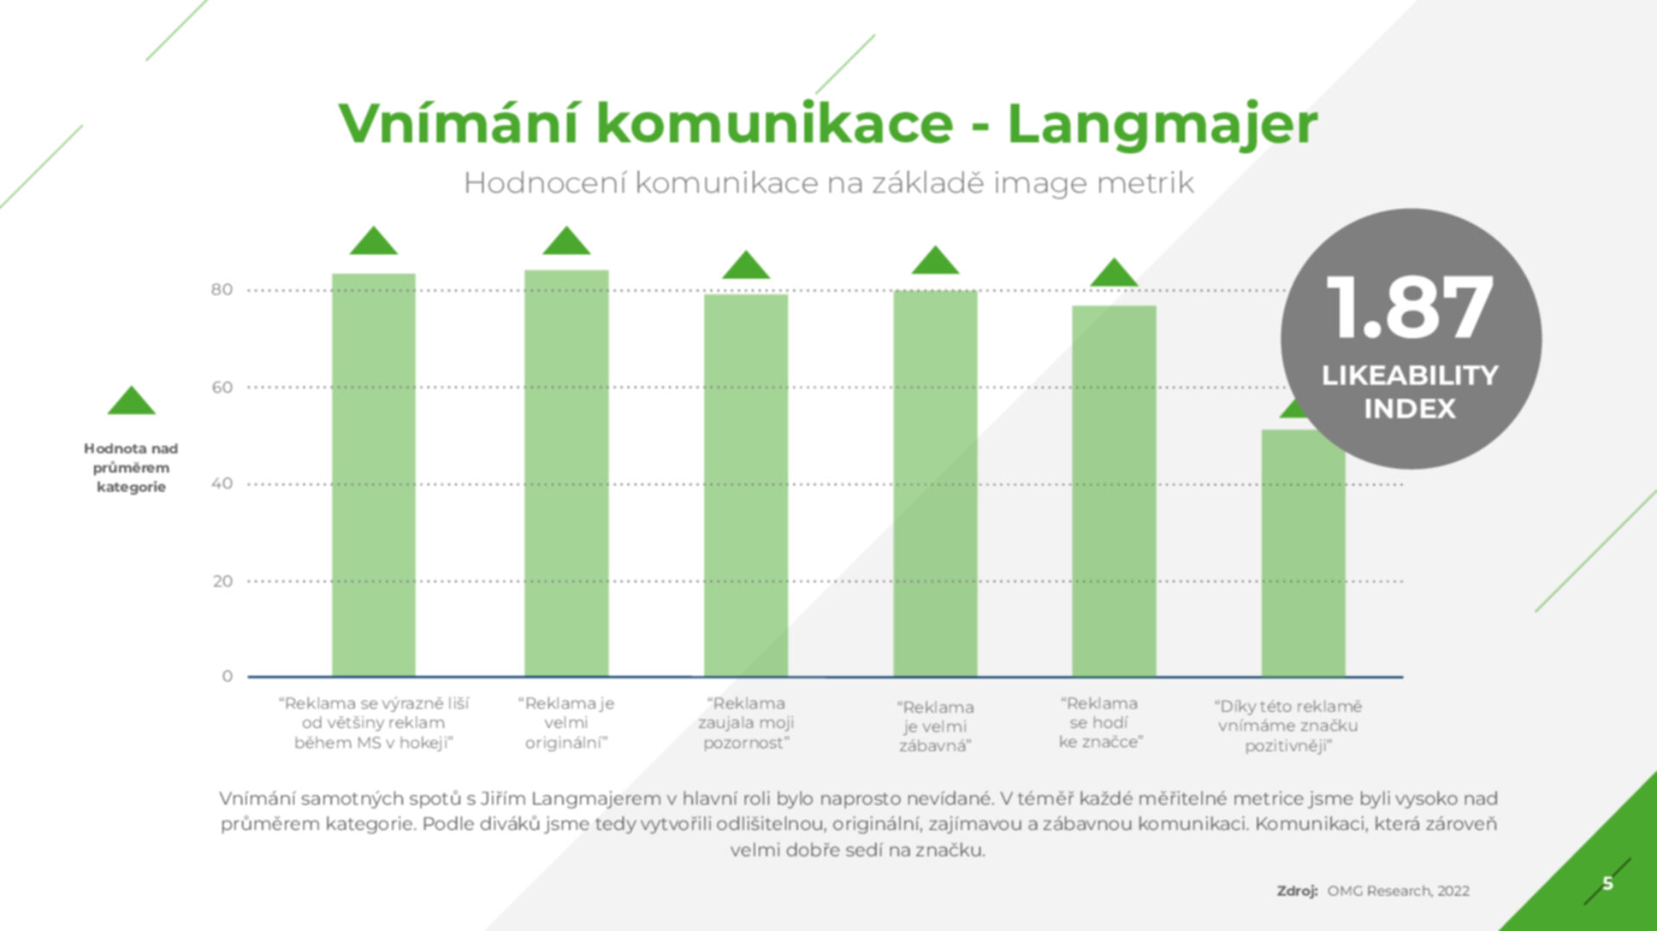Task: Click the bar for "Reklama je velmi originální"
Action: click(566, 473)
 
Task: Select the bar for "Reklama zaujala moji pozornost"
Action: click(746, 485)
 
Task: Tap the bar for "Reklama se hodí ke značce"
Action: click(1114, 491)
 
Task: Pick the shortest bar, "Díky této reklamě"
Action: click(1303, 553)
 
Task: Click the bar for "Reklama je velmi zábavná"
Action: click(936, 483)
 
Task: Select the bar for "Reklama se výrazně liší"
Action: click(374, 475)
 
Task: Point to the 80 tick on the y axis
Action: click(222, 290)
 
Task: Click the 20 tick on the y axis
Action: click(222, 582)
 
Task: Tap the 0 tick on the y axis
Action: click(227, 676)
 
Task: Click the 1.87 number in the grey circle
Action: click(1409, 308)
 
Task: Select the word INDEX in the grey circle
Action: click(1409, 408)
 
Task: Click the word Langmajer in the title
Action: click(1162, 123)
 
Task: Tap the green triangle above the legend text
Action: click(131, 400)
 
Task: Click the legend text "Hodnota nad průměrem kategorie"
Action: click(131, 468)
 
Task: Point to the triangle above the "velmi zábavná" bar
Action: click(936, 261)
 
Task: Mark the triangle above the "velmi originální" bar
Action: click(566, 241)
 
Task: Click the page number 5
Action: click(1608, 883)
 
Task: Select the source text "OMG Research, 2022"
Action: click(1398, 890)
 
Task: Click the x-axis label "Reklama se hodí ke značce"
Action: click(1101, 723)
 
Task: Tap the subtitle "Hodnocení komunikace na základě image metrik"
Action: click(828, 183)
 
